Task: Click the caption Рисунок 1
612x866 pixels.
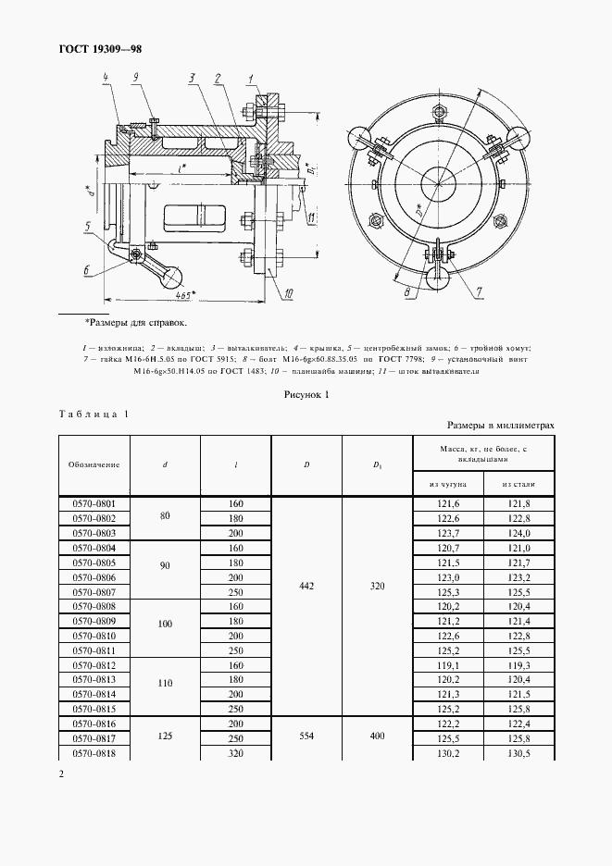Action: click(306, 394)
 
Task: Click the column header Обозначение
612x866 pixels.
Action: click(94, 464)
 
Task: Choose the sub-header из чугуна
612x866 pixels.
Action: click(448, 484)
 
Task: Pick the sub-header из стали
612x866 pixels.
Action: click(518, 484)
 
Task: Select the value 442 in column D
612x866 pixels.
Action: click(306, 586)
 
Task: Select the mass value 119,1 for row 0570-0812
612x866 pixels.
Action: click(448, 664)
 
